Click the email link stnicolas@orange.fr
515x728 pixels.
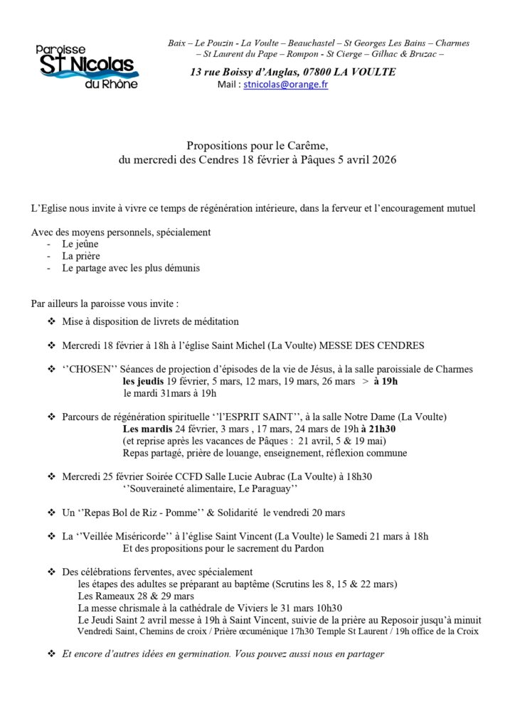285,84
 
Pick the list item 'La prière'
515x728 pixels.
81,256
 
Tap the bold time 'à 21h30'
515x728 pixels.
377,429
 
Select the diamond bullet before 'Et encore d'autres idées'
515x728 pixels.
51,653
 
